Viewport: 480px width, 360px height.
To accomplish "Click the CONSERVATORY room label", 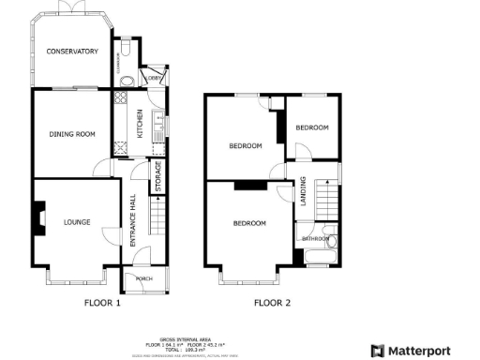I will [x=72, y=52].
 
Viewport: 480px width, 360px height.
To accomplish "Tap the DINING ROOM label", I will [x=72, y=134].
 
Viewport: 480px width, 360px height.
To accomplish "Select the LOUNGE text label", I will [x=78, y=223].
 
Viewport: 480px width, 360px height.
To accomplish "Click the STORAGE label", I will [x=157, y=177].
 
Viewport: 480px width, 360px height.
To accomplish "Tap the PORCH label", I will [x=144, y=278].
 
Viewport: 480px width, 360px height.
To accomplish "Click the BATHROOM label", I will [x=315, y=239].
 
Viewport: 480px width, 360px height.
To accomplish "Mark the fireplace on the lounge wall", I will [x=39, y=219].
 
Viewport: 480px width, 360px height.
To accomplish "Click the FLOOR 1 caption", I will [x=102, y=303].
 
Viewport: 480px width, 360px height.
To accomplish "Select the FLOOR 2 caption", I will [x=272, y=303].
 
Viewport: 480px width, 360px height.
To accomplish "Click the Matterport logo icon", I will [x=378, y=351].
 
